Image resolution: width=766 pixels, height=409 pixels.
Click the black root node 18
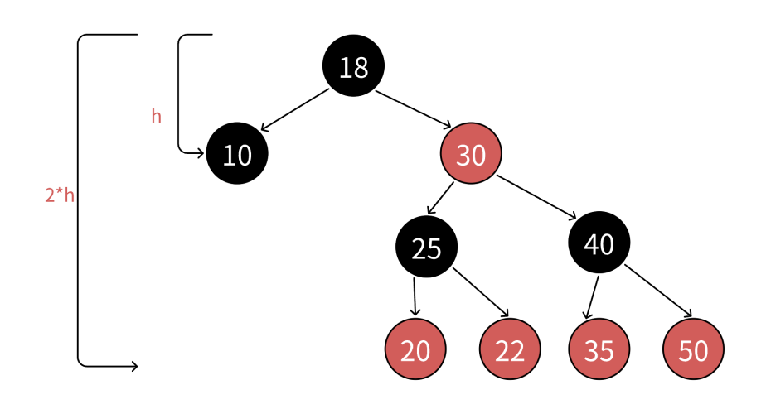pos(353,65)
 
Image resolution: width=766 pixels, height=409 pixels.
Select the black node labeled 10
pos(237,153)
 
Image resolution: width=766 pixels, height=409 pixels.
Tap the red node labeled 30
pos(471,153)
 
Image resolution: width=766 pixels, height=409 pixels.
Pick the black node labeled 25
pos(426,247)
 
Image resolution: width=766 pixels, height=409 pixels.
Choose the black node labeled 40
pos(599,243)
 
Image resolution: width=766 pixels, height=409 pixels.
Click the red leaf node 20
pos(415,349)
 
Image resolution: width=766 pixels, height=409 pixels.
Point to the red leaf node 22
pos(510,349)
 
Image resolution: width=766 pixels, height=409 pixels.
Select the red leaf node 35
pos(599,349)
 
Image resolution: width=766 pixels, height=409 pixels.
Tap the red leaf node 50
pos(693,349)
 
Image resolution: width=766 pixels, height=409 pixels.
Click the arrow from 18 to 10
pos(295,110)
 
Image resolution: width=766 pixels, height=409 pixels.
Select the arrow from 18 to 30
pos(414,110)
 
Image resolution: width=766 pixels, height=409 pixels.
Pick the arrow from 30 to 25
pos(440,198)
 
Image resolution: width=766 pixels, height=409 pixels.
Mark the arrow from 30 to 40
pos(536,197)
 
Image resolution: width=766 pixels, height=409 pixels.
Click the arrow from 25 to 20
pos(415,296)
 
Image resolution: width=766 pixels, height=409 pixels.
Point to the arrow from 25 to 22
pos(481,292)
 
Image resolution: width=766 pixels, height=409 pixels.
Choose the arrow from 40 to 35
pos(592,298)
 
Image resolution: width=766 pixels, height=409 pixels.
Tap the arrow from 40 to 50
pos(658,291)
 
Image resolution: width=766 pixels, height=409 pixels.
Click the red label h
pos(157,116)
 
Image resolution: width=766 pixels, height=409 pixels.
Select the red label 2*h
pos(60,195)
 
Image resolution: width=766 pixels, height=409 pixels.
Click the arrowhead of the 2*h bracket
pos(133,366)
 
